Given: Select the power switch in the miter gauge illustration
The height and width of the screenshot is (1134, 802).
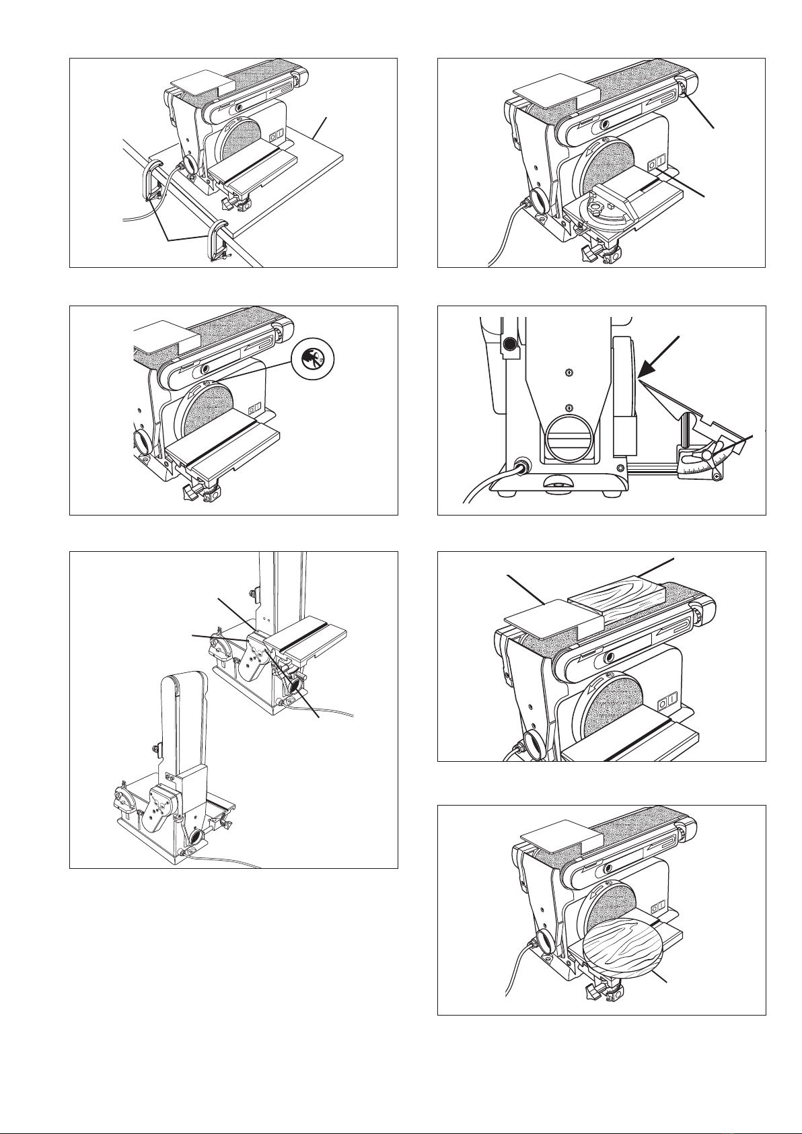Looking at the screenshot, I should tap(655, 164).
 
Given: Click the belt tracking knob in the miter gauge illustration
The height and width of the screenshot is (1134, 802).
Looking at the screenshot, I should tap(682, 88).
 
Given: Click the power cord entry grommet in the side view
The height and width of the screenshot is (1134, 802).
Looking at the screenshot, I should tap(519, 465).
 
